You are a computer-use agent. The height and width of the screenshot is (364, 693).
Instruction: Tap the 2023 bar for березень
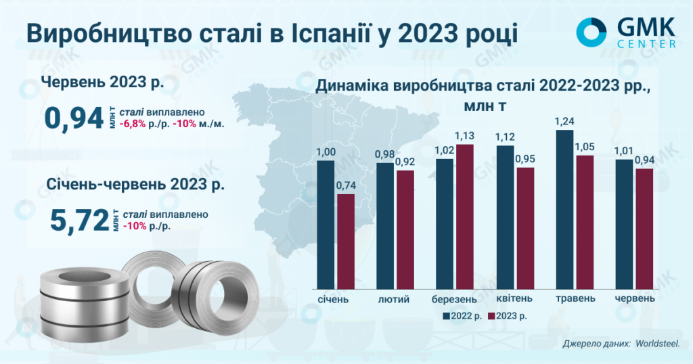pyautogui.click(x=465, y=217)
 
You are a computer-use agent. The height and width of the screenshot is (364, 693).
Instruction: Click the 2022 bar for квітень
pyautogui.click(x=505, y=217)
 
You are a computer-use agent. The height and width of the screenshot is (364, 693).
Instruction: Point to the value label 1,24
pyautogui.click(x=564, y=122)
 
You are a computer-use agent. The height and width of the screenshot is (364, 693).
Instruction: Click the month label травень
pyautogui.click(x=575, y=298)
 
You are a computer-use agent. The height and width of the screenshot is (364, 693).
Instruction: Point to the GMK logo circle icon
pyautogui.click(x=592, y=31)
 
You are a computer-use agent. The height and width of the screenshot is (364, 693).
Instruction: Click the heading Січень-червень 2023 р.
pyautogui.click(x=136, y=184)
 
